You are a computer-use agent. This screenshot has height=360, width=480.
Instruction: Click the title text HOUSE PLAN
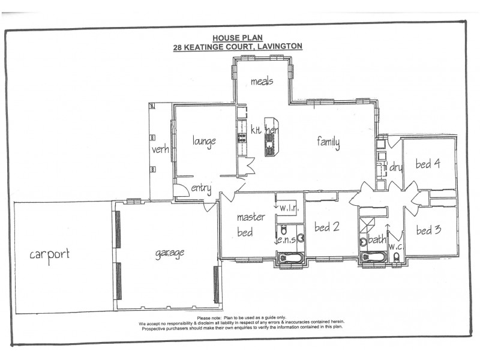pos(238,37)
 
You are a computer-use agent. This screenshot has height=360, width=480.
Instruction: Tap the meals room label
pos(262,81)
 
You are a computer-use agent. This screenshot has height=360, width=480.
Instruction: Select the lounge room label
pos(204,141)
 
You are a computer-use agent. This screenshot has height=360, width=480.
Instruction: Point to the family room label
pos(329,142)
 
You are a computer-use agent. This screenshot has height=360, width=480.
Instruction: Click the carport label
pos(50,254)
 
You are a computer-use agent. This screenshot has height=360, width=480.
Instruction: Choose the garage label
pos(170,253)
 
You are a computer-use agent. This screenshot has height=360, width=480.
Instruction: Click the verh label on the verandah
pos(160,150)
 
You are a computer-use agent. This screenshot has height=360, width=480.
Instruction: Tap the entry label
pos(201,189)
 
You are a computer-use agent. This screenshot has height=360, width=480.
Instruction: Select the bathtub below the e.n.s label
pos(291,259)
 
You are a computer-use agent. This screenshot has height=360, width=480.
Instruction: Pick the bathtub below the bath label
pos(373,257)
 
